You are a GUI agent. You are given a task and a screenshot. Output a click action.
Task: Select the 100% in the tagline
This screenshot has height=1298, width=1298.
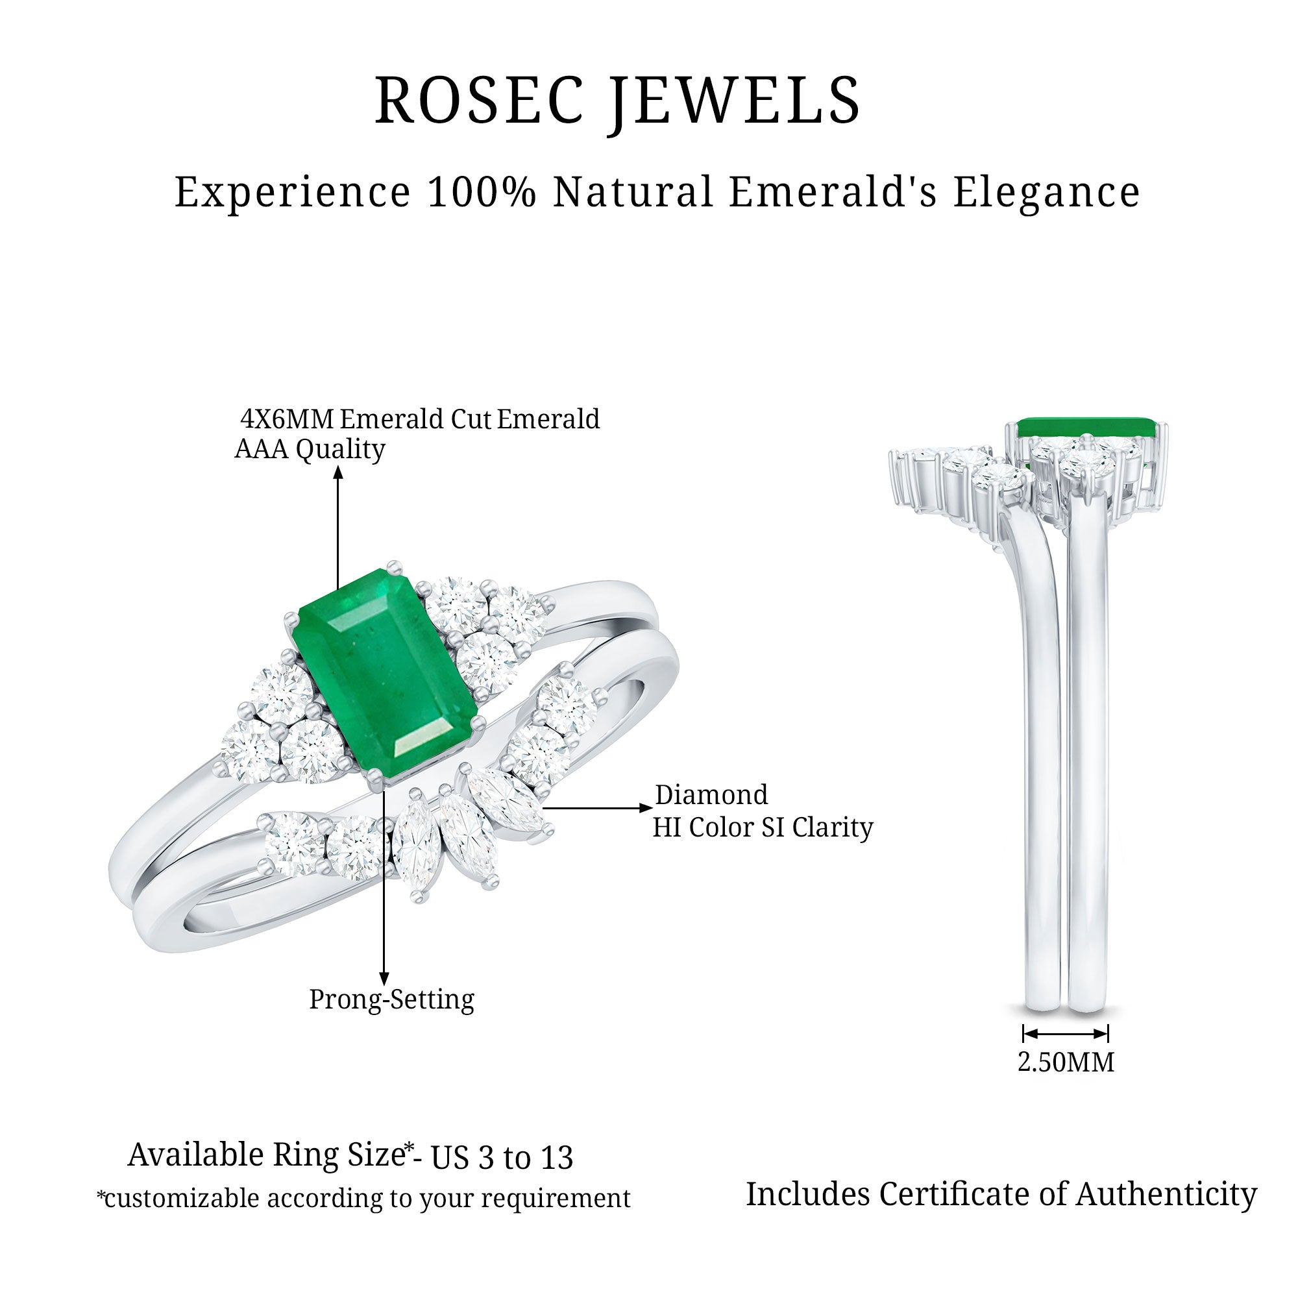[x=482, y=192]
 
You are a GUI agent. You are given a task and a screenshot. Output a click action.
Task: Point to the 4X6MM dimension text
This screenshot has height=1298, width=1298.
[x=287, y=419]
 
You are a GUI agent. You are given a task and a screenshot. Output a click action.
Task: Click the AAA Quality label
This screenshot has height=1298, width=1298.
[x=310, y=450]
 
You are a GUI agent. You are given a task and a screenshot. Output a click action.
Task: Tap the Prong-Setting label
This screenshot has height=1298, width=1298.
[x=392, y=999]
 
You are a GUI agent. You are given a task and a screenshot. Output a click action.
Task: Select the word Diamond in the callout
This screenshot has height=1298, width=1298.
[x=711, y=795]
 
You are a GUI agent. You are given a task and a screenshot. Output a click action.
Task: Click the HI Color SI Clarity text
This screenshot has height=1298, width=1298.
[x=763, y=827]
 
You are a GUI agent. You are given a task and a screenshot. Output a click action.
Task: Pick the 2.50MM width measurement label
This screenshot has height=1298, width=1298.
[x=1066, y=1062]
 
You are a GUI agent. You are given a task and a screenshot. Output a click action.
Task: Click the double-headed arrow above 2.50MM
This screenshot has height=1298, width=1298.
[x=1066, y=1033]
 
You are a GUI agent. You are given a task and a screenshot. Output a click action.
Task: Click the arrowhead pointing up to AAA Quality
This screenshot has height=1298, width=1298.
[x=338, y=472]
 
